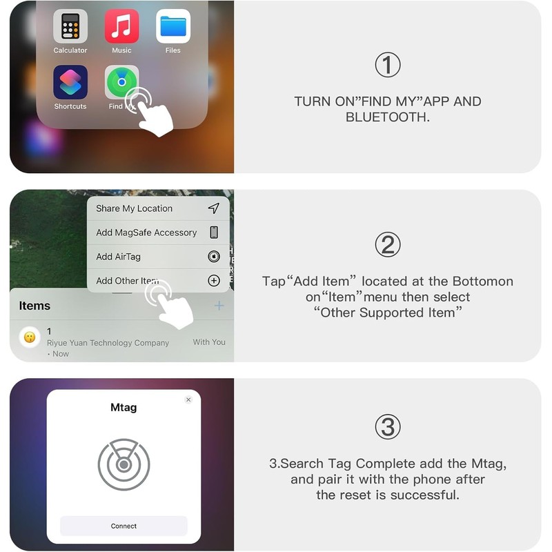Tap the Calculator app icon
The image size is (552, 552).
(x=70, y=26)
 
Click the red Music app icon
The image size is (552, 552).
(x=122, y=26)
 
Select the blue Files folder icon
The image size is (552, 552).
(x=173, y=26)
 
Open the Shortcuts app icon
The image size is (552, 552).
(x=70, y=82)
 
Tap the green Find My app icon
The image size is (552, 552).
(x=121, y=82)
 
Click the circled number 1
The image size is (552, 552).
(x=388, y=65)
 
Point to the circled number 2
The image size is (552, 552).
(x=388, y=245)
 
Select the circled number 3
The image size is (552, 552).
(x=388, y=426)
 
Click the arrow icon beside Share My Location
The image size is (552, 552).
(x=214, y=208)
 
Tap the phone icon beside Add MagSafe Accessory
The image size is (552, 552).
(x=214, y=233)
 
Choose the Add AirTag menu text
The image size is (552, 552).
(x=118, y=257)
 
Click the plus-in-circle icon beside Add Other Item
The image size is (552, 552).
(x=214, y=281)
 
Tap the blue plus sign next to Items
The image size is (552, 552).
(x=219, y=306)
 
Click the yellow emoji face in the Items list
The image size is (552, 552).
(x=30, y=337)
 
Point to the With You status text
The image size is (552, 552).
(x=209, y=342)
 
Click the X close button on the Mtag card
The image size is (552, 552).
(x=188, y=400)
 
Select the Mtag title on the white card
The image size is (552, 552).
(x=124, y=407)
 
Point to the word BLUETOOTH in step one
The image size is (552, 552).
(x=388, y=117)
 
